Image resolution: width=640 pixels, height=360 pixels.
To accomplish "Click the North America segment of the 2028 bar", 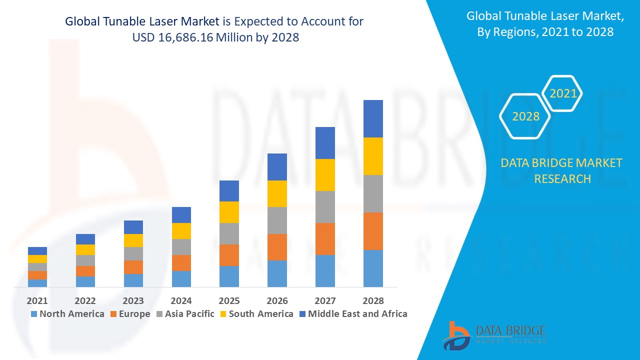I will click(x=373, y=268).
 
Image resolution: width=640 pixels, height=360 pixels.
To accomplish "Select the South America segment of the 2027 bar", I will click(x=325, y=175).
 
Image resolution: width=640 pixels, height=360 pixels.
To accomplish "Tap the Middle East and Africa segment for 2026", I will click(x=277, y=167).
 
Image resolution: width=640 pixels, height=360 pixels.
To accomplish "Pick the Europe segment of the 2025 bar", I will click(x=229, y=255).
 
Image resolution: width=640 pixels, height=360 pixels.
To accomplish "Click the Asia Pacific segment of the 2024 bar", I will click(x=181, y=247).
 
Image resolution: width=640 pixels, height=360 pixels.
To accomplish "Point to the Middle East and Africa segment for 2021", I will click(x=37, y=251).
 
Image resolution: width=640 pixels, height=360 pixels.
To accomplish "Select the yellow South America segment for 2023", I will click(x=133, y=240).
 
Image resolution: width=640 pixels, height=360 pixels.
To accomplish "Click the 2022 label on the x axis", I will click(x=85, y=300).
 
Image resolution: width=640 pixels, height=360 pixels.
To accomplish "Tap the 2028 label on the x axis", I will click(x=373, y=300).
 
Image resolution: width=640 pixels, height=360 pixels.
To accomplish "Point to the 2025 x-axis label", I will click(x=229, y=300).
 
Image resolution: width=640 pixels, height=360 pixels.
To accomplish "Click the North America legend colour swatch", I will click(x=34, y=314).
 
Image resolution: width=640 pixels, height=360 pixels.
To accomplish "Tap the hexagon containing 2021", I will click(x=563, y=93).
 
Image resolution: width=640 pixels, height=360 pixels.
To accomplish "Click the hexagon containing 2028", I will click(x=525, y=116).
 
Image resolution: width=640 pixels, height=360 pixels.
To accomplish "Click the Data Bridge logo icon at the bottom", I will click(x=456, y=335).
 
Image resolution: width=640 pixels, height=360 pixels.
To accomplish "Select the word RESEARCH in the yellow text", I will click(x=562, y=178).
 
